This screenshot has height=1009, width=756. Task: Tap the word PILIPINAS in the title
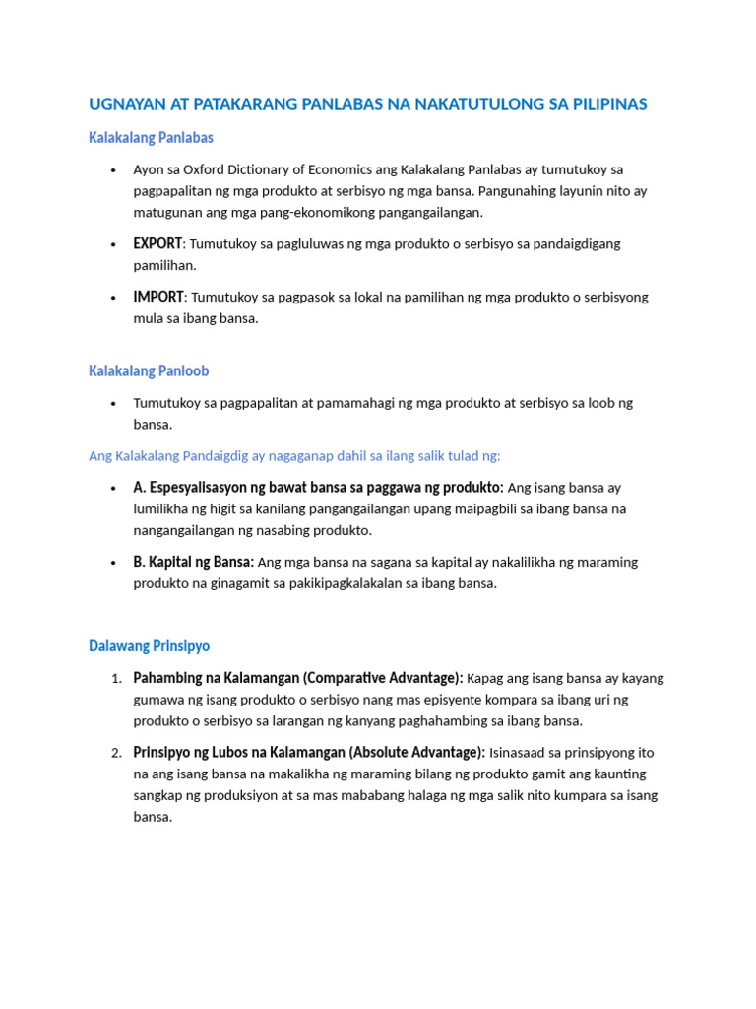coord(605,104)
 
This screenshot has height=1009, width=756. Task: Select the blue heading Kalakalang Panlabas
coord(151,137)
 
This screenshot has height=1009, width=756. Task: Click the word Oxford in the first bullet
coord(208,169)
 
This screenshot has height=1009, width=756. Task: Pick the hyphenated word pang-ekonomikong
coord(350,212)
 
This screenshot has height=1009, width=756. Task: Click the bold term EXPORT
coord(157,243)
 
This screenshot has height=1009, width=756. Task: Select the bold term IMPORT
coord(158,297)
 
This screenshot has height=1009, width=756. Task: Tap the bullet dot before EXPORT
coord(115,244)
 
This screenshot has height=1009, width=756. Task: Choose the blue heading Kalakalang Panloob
coord(149,371)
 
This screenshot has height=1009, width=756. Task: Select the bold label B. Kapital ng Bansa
coord(193,562)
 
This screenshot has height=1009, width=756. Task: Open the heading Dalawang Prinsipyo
coord(149,646)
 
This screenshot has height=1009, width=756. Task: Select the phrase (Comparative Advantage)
coord(383,678)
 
